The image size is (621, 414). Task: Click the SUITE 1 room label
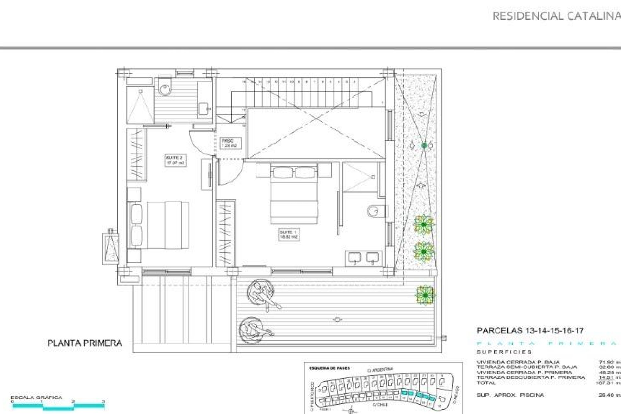tap(289, 234)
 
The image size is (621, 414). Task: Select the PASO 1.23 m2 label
tap(229, 143)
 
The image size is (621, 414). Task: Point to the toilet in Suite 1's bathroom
tap(376, 212)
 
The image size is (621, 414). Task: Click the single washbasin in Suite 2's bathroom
tap(204, 108)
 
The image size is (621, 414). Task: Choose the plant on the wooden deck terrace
tap(425, 295)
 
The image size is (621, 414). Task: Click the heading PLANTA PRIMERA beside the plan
tap(85, 343)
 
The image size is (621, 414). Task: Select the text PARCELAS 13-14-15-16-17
tap(530, 331)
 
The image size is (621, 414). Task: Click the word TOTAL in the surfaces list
tap(486, 383)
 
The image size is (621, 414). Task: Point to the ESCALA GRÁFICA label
tap(36, 398)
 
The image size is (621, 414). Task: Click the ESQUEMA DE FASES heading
tap(329, 368)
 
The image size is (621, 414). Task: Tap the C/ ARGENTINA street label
tap(380, 369)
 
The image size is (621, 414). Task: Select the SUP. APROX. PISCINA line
tap(510, 395)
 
